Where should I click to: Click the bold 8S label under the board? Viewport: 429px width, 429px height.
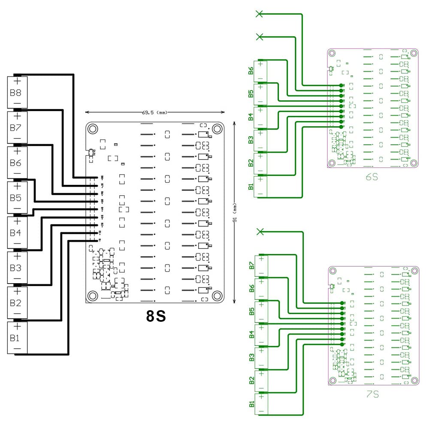(156, 316)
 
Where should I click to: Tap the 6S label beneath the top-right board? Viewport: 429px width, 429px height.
(372, 176)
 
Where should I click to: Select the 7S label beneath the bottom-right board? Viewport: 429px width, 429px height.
(372, 393)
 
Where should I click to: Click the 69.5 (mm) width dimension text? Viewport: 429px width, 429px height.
(154, 113)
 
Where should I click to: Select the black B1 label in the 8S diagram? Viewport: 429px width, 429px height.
(15, 338)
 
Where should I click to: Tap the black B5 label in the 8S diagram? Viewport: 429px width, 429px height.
(15, 198)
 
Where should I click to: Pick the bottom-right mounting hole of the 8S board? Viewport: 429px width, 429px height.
(217, 296)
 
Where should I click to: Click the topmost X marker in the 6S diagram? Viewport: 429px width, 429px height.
(259, 14)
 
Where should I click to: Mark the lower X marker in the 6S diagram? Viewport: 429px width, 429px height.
(259, 37)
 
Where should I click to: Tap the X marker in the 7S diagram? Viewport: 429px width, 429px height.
(259, 232)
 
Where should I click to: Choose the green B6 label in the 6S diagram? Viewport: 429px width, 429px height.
(251, 71)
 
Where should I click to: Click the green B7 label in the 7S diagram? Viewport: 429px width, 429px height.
(251, 266)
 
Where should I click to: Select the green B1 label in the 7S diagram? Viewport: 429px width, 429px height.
(251, 404)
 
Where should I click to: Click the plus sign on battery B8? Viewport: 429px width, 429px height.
(17, 82)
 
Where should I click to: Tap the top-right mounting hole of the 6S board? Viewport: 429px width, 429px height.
(414, 53)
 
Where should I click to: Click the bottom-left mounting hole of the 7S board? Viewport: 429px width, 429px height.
(333, 380)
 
